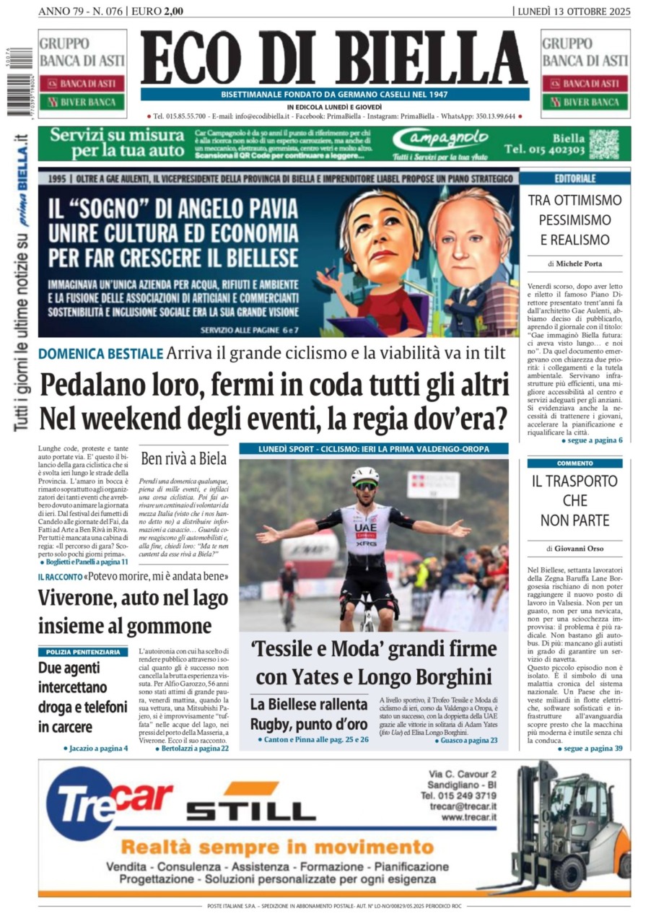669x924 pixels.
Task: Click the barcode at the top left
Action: [18, 80]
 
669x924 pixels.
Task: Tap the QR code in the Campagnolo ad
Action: [603, 144]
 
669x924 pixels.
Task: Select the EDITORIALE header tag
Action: [574, 178]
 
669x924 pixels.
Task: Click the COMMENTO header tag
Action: [574, 463]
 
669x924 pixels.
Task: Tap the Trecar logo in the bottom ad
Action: [108, 801]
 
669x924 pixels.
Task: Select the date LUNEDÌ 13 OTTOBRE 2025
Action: [574, 11]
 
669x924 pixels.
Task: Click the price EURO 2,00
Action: [157, 11]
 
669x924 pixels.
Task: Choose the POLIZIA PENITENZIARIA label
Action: [83, 651]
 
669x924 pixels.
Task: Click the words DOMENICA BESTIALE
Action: [100, 354]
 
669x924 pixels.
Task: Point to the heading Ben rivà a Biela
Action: [183, 458]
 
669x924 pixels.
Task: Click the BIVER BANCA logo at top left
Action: [82, 102]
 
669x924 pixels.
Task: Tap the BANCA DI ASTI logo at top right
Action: [585, 84]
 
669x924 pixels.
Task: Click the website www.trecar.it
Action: [468, 816]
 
